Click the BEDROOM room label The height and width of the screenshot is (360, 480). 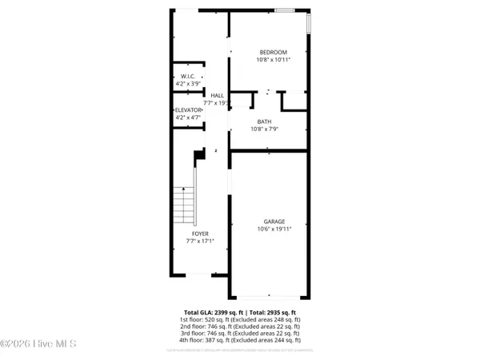pos(273,52)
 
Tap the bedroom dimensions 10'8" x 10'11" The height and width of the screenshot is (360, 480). pos(273,59)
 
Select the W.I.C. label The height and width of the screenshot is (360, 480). pos(189,77)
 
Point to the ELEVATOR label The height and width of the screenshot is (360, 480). pos(189,110)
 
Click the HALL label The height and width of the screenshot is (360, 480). pos(217,95)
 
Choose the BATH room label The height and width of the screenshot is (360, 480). pos(264,122)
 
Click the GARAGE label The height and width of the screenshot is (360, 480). pos(274,222)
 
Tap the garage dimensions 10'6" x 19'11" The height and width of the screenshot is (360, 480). pos(274,229)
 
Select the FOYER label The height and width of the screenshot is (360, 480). pos(200,234)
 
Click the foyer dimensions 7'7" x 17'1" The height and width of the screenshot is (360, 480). pos(200,240)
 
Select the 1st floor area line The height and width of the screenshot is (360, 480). pos(240,319)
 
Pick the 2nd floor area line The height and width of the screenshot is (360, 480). pos(240,326)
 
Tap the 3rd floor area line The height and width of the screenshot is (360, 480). pos(240,334)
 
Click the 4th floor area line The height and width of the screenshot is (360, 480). pos(240,341)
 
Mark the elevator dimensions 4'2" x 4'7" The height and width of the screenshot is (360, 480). pos(189,118)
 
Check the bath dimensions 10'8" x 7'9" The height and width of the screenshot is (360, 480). pos(264,129)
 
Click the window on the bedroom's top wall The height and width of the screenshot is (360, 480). pos(285,10)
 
